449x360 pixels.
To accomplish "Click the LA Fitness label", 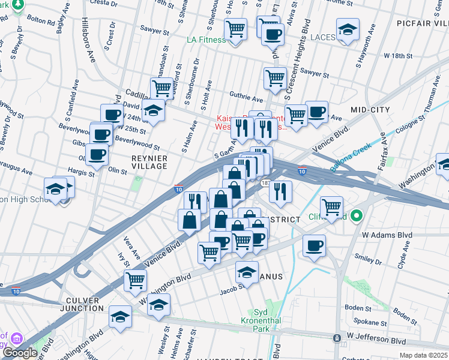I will pos(206,40).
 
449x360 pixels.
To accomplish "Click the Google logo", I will pos(20,353).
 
